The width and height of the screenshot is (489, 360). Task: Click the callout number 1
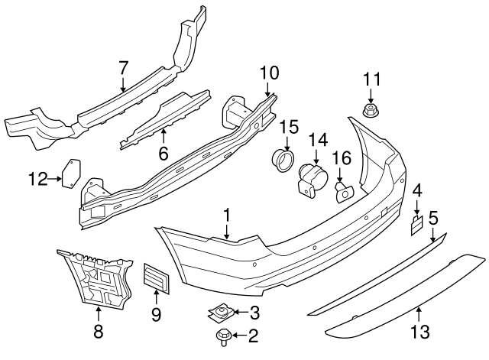coord(227,216)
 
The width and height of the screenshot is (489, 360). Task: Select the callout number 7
coord(123,68)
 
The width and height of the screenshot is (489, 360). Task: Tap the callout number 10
coord(269,74)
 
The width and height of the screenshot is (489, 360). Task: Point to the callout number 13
coord(419,332)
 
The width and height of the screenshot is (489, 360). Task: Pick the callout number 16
coord(341,157)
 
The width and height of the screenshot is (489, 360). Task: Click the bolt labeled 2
coord(226,335)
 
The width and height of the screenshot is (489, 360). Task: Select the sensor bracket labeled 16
coord(342,191)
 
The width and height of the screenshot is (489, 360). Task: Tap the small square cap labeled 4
coord(416,223)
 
